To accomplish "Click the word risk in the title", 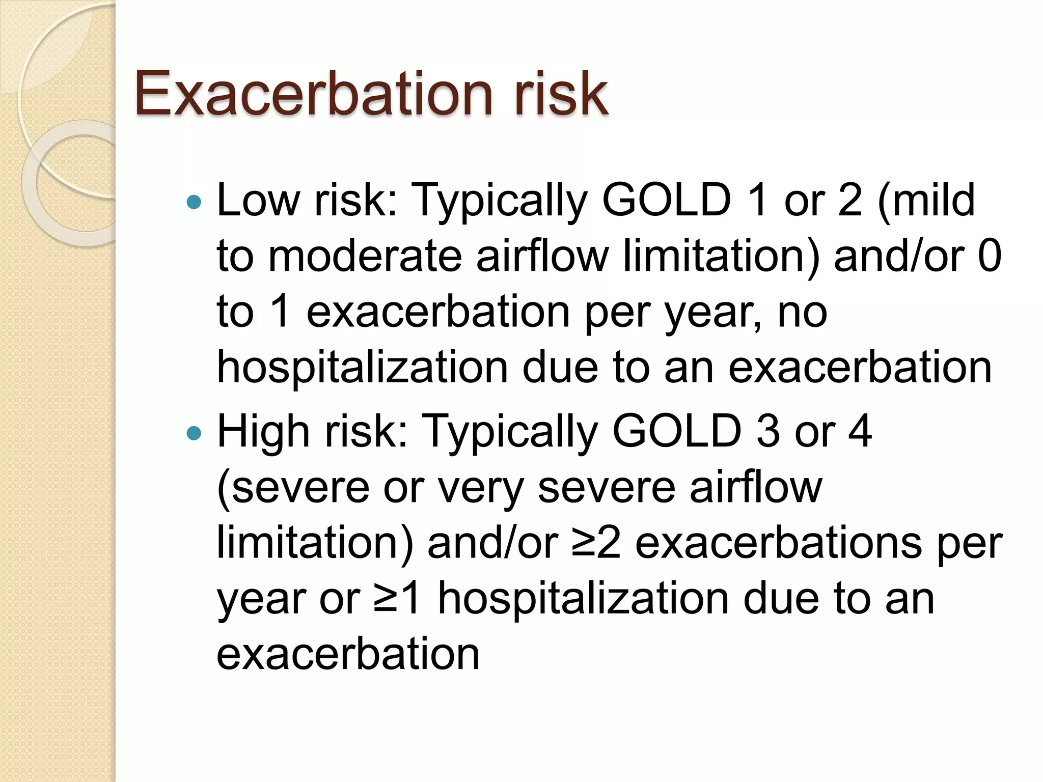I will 561,93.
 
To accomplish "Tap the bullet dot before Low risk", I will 194,203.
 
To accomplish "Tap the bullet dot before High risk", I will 194,433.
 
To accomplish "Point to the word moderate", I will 365,256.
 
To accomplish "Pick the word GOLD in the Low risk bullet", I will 667,200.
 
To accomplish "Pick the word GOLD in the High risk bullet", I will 677,431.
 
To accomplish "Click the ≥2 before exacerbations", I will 596,543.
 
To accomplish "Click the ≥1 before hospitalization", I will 397,598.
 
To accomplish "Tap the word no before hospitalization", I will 802,312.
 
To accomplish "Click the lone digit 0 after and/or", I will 990,256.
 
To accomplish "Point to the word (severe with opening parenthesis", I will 293,488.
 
